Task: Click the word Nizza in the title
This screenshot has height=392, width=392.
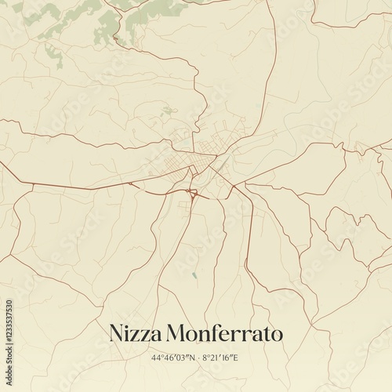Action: pyautogui.click(x=136, y=333)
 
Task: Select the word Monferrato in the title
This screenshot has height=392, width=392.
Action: pyautogui.click(x=226, y=333)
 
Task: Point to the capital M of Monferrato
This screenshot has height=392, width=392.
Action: pyautogui.click(x=180, y=333)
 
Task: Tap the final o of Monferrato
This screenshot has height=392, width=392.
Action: pyautogui.click(x=276, y=335)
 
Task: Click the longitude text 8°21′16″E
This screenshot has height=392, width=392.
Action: pyautogui.click(x=220, y=358)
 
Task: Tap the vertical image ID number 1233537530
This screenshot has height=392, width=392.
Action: pyautogui.click(x=9, y=337)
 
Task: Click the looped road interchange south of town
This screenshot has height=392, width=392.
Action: pyautogui.click(x=191, y=196)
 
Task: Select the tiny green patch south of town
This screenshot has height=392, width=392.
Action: pyautogui.click(x=193, y=275)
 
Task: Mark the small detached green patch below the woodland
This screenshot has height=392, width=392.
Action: pyautogui.click(x=53, y=54)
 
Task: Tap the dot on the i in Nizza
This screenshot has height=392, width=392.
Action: pyautogui.click(x=131, y=325)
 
